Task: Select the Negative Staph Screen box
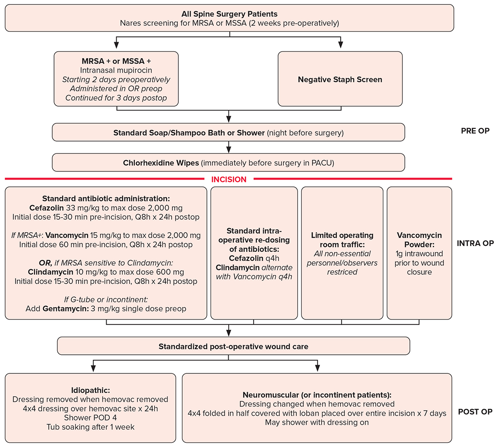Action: tap(340, 79)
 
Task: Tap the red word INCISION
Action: tap(229, 179)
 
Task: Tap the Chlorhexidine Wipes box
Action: tap(228, 162)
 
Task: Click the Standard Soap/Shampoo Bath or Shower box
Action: tap(228, 133)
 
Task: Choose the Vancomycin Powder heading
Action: tap(419, 240)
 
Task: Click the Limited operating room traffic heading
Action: tap(342, 240)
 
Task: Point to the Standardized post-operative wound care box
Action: tap(233, 346)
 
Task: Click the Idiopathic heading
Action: tap(90, 390)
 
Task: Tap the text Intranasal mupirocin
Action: tap(116, 70)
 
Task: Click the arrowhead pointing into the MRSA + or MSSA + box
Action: tap(117, 46)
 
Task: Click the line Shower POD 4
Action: tap(90, 417)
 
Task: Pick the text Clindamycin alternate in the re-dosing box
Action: tap(254, 267)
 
